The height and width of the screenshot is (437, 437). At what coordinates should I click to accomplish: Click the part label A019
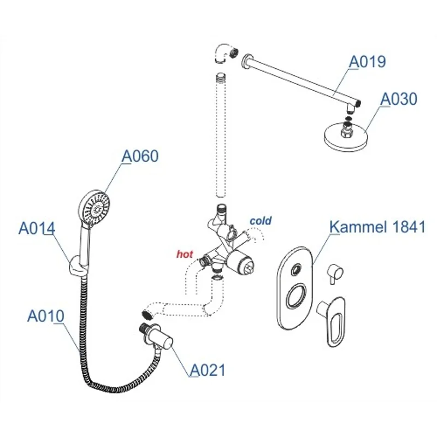[x=368, y=62]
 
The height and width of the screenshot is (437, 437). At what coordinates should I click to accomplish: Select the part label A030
[x=399, y=99]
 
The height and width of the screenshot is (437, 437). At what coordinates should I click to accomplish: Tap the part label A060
[x=140, y=156]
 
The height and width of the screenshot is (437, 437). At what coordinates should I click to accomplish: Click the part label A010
[x=46, y=316]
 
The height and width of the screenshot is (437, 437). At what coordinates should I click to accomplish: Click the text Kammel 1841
[x=377, y=227]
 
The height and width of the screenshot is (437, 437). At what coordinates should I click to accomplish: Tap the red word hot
[x=185, y=254]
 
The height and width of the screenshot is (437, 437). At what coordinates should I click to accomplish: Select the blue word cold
[x=261, y=221]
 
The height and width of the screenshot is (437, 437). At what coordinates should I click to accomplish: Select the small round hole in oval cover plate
[x=297, y=269]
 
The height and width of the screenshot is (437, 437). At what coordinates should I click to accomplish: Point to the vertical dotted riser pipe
[x=221, y=137]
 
